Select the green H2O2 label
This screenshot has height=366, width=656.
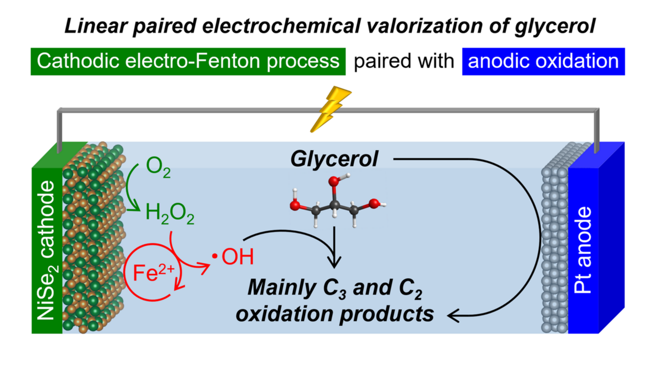[x=170, y=213]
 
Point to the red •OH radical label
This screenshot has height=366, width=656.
[x=233, y=256]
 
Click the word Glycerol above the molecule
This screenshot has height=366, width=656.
[x=334, y=159]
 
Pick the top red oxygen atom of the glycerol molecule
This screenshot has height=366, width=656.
[x=334, y=181]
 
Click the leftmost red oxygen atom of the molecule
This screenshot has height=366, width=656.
[x=295, y=206]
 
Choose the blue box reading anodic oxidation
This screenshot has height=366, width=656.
[x=543, y=61]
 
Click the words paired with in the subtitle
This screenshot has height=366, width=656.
[x=404, y=61]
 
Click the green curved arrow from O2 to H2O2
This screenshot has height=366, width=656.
[x=131, y=188]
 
